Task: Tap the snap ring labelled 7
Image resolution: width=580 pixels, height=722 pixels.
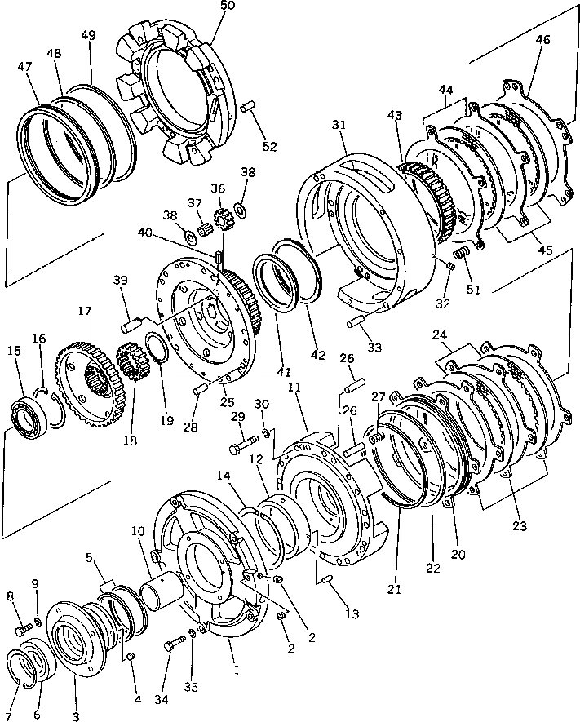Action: click(29, 668)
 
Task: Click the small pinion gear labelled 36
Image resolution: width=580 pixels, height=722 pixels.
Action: click(219, 219)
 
